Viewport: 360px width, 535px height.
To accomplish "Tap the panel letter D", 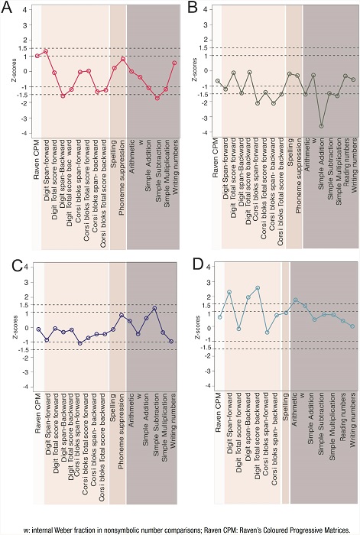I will [x=193, y=267].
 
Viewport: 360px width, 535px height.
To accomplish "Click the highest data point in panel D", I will [x=258, y=288].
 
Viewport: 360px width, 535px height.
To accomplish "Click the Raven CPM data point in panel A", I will [x=37, y=56].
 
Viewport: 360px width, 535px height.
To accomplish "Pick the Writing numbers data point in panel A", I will [x=174, y=63].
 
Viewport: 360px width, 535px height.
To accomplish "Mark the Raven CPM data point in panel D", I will [x=220, y=317].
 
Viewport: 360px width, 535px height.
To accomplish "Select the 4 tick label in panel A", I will [x=24, y=10].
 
